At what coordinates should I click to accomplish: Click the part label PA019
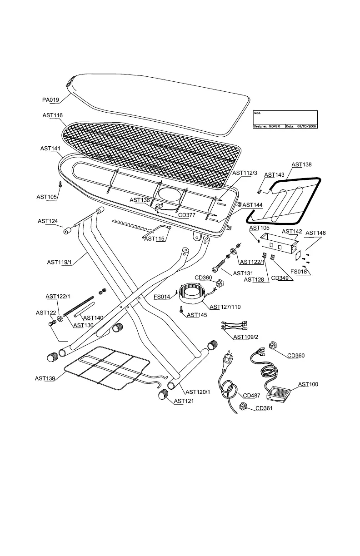(x=50, y=100)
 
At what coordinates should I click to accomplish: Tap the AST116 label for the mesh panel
(x=52, y=115)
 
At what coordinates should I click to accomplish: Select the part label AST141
(x=50, y=149)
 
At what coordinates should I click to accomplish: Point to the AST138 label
(x=301, y=164)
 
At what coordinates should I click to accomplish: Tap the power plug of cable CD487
(x=227, y=362)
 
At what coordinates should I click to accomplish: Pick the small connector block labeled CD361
(x=242, y=407)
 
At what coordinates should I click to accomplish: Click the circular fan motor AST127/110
(x=192, y=295)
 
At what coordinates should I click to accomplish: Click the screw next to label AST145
(x=181, y=309)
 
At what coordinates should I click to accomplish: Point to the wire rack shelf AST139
(x=107, y=367)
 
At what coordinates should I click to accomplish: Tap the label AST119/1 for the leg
(x=59, y=262)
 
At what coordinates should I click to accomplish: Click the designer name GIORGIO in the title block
(x=275, y=126)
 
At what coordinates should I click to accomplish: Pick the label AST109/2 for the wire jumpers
(x=246, y=337)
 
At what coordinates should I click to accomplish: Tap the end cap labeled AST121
(x=163, y=394)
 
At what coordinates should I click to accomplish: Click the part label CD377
(x=186, y=215)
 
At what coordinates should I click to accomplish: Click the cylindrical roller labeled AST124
(x=67, y=231)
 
